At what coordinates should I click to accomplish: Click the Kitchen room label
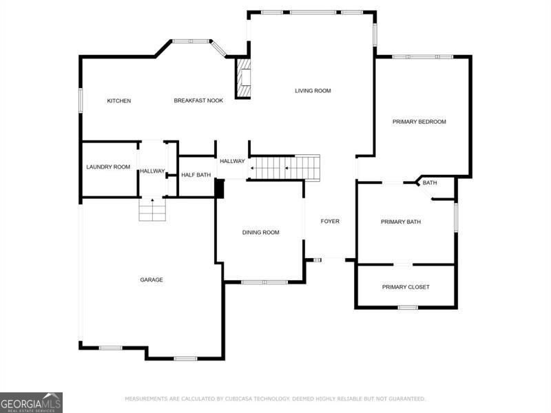(x=118, y=100)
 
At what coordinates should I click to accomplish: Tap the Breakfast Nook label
(x=198, y=100)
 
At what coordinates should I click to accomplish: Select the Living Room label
(x=313, y=91)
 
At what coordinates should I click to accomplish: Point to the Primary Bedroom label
(x=419, y=122)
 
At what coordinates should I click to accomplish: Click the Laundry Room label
(x=108, y=167)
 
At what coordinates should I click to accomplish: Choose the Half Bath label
(x=196, y=175)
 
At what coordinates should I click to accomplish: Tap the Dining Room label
(x=261, y=232)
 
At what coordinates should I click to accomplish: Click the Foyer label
(x=330, y=221)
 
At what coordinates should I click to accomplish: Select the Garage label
(x=152, y=279)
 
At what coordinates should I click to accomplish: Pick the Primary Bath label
(x=401, y=222)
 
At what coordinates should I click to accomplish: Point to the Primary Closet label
(x=406, y=287)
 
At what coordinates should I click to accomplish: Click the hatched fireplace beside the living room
(x=243, y=78)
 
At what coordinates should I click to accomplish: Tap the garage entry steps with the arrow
(x=152, y=209)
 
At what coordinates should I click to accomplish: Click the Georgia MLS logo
(x=31, y=403)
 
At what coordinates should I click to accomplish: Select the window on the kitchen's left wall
(x=81, y=100)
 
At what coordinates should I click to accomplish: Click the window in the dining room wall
(x=264, y=282)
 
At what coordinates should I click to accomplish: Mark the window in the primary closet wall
(x=408, y=308)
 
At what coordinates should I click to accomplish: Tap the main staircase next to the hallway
(x=284, y=168)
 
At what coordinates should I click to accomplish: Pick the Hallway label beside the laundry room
(x=152, y=171)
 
